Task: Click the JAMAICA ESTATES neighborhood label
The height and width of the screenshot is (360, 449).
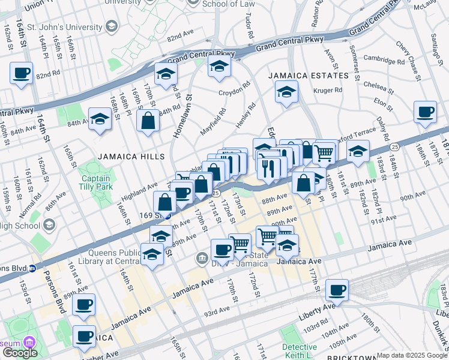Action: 308,76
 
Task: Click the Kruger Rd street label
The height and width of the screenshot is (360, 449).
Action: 328,91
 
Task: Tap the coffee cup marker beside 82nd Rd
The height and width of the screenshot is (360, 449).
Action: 22,73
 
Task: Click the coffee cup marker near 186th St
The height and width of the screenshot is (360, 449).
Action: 426,112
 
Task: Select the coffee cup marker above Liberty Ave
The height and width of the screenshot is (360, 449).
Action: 337,291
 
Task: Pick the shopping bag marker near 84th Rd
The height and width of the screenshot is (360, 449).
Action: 148,121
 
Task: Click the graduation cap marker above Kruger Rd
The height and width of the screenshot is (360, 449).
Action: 286,92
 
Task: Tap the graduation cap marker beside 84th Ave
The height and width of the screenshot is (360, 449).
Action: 100,119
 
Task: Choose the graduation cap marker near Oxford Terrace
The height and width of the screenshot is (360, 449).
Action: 358,151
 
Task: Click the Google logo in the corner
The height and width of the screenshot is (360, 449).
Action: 20,353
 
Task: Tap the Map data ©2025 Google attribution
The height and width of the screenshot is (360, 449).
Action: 412,355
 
